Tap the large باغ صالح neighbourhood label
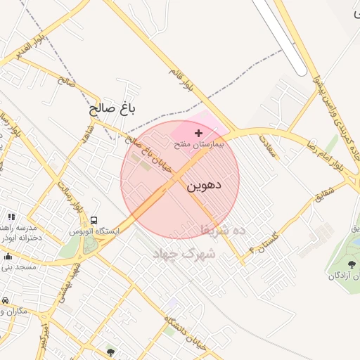point(112,109)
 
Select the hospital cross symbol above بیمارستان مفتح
point(198,133)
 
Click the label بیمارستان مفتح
point(198,143)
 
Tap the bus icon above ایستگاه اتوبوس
point(94,219)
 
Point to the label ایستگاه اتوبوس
point(95,231)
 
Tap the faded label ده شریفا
point(222,230)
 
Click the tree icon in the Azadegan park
point(352,264)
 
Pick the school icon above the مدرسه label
point(11,217)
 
